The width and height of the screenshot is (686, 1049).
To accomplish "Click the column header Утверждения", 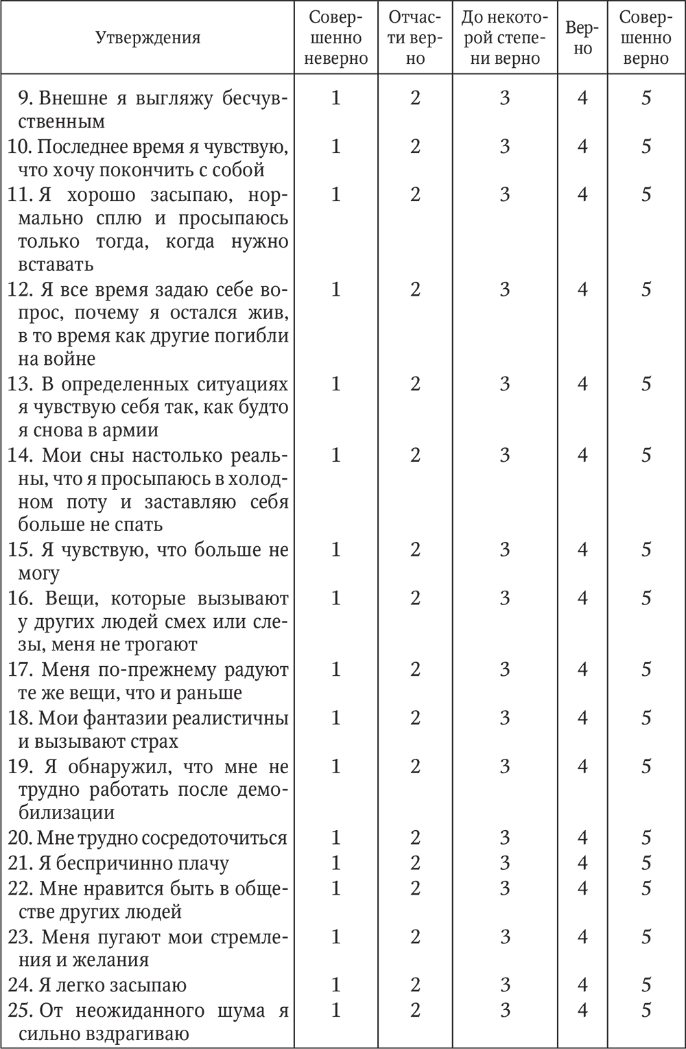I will pos(148,38).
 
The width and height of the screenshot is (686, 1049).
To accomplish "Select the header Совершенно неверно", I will pos(335,38).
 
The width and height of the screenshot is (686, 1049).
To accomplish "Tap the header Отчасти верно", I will pos(415,38).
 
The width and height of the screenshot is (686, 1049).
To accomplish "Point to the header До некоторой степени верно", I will pos(505,38).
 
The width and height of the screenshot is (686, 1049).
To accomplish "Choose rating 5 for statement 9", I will pos(646,98).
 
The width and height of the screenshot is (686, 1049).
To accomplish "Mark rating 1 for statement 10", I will pos(335,146).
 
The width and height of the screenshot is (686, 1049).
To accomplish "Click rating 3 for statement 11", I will pos(505,194).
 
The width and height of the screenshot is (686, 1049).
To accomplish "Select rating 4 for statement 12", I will pos(582,289).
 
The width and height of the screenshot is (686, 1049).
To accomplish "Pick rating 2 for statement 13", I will pos(415,384).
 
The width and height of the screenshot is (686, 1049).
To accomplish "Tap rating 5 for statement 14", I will pos(646,454).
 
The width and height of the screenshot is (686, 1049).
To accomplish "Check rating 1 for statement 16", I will pos(335,598).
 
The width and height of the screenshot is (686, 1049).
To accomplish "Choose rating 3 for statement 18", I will pos(505,717).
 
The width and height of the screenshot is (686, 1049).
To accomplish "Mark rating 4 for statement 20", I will pos(582,837).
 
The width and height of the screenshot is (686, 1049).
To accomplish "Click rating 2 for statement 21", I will pos(415,862).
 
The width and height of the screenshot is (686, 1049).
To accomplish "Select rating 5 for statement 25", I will pos(646,1010).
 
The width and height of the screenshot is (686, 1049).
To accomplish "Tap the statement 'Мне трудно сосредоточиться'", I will pos(147,838).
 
